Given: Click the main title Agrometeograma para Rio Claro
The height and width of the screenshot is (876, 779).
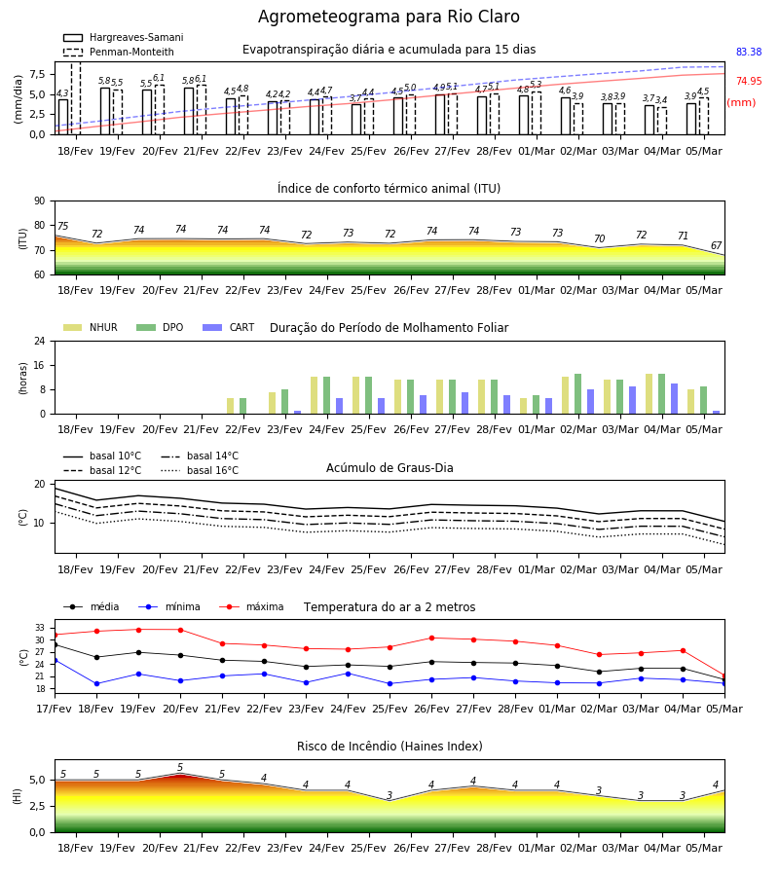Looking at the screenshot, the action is pyautogui.click(x=389, y=17).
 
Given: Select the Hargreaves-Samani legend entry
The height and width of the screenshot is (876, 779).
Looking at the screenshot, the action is pyautogui.click(x=124, y=37).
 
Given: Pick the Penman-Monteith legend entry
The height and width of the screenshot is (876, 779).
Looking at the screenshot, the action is pyautogui.click(x=119, y=52).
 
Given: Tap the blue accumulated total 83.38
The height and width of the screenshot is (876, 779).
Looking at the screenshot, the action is pyautogui.click(x=749, y=52).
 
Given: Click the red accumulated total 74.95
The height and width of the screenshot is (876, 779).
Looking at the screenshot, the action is pyautogui.click(x=749, y=81).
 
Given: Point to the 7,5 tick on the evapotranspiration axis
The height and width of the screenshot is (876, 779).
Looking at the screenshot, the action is pyautogui.click(x=37, y=74).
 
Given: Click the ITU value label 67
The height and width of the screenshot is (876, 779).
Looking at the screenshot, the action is pyautogui.click(x=716, y=245).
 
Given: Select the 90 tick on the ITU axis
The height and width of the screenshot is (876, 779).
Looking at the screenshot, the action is pyautogui.click(x=40, y=201).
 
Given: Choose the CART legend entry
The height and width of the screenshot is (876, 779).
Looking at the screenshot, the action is pyautogui.click(x=229, y=327).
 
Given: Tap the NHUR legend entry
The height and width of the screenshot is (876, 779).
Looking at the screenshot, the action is pyautogui.click(x=91, y=327).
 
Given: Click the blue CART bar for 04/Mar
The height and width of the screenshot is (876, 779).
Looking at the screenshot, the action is pyautogui.click(x=674, y=399).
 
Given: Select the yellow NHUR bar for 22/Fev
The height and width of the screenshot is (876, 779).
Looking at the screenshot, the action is pyautogui.click(x=230, y=406).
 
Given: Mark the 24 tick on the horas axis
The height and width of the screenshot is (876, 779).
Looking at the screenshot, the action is pyautogui.click(x=40, y=342).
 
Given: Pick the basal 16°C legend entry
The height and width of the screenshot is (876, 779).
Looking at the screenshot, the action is pyautogui.click(x=200, y=470).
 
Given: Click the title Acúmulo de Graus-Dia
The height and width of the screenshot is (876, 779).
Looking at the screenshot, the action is pyautogui.click(x=389, y=467).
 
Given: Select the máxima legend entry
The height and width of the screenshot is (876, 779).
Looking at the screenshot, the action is pyautogui.click(x=251, y=606).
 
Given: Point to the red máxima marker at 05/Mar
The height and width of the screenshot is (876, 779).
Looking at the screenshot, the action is pyautogui.click(x=724, y=676).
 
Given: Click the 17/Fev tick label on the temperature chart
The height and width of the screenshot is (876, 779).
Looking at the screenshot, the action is pyautogui.click(x=55, y=709).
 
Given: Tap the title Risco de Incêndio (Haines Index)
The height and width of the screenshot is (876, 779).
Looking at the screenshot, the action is pyautogui.click(x=389, y=747).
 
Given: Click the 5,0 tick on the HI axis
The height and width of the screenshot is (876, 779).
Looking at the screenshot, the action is pyautogui.click(x=37, y=780).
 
